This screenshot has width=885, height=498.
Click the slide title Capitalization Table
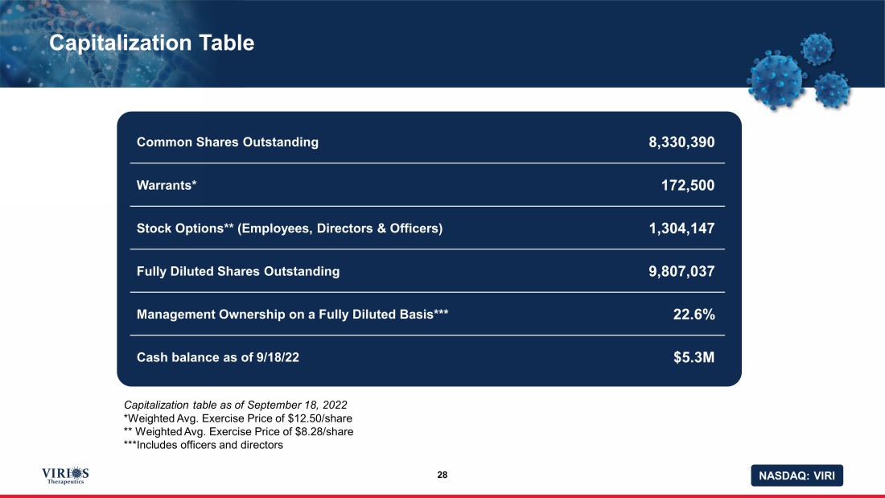(151, 43)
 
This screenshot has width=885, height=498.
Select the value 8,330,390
(681, 142)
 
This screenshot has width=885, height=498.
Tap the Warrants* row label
(167, 185)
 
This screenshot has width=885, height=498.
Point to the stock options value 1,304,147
(681, 228)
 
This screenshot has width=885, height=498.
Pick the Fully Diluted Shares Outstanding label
(238, 271)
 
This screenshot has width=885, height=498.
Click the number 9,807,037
(681, 271)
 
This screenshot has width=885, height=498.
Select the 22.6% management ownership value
(694, 315)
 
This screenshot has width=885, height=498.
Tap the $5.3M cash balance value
(694, 357)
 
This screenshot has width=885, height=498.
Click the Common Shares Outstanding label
(228, 142)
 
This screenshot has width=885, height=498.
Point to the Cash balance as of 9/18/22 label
(218, 357)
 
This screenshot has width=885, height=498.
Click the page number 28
(442, 475)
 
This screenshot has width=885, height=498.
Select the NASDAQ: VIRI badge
(796, 475)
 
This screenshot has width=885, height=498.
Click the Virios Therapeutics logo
(65, 475)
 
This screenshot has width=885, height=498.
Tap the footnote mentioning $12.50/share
(238, 418)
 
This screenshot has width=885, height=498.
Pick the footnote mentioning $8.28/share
(238, 432)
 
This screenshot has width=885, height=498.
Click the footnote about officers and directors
(204, 446)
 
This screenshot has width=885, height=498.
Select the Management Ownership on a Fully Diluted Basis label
(293, 315)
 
